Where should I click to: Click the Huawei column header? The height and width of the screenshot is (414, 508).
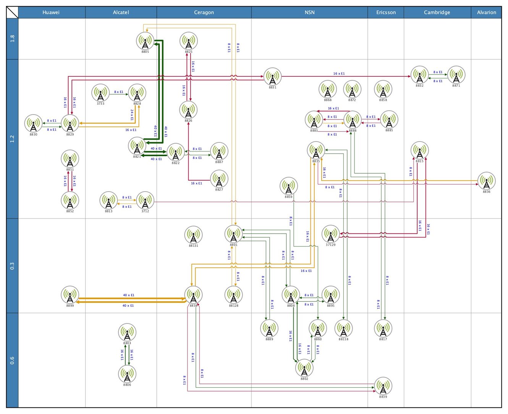pyautogui.click(x=51, y=12)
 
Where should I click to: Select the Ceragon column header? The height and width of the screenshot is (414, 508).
pyautogui.click(x=204, y=12)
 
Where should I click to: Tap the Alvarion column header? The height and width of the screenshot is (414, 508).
pyautogui.click(x=486, y=12)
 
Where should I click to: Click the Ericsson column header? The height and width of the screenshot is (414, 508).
pyautogui.click(x=386, y=12)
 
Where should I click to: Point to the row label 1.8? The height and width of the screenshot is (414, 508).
pyautogui.click(x=12, y=39)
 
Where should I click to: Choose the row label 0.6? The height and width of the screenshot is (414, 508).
pyautogui.click(x=12, y=360)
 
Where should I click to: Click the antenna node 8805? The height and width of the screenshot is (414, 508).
pyautogui.click(x=146, y=41)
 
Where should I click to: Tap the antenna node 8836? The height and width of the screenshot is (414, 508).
pyautogui.click(x=486, y=181)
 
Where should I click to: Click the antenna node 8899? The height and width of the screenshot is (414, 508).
pyautogui.click(x=70, y=295)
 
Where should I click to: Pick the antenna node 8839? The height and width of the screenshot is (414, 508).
pyautogui.click(x=383, y=386)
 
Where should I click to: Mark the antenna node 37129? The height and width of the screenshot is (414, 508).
pyautogui.click(x=330, y=234)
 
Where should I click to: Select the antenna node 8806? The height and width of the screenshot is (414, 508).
pyautogui.click(x=127, y=374)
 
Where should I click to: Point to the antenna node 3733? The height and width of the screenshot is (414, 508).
pyautogui.click(x=100, y=93)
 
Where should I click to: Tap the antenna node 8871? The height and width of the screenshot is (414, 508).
pyautogui.click(x=456, y=75)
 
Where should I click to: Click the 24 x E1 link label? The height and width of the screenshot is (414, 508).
pyautogui.click(x=132, y=115)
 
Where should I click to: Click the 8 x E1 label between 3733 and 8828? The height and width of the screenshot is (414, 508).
pyautogui.click(x=119, y=92)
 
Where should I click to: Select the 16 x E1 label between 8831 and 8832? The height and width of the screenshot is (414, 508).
pyautogui.click(x=339, y=74)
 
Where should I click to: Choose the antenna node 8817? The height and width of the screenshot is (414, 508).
pyautogui.click(x=383, y=328)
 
